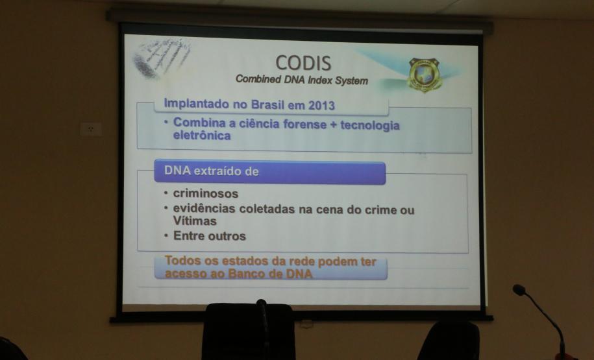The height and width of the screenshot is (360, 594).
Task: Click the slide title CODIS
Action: coord(303,63)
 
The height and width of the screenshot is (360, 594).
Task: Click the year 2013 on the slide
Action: coord(321,105)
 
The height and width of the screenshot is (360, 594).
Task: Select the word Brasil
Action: coord(267,104)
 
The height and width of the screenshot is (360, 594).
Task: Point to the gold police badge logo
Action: coord(425,75)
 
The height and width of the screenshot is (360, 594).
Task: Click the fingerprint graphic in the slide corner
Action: coord(162,58)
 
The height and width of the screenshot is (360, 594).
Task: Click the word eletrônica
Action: coord(202,135)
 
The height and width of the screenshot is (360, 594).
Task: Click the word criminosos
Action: coord(206,193)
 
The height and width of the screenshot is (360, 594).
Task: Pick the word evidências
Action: coord(204,208)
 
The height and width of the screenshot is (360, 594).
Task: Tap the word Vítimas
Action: coord(195,221)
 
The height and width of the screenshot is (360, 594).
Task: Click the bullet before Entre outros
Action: coord(166,235)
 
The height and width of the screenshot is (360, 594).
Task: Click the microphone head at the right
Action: coord(519,290)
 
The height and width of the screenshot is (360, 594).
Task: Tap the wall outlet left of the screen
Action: coord(91,130)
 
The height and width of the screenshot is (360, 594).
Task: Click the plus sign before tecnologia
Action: coord(334,125)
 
